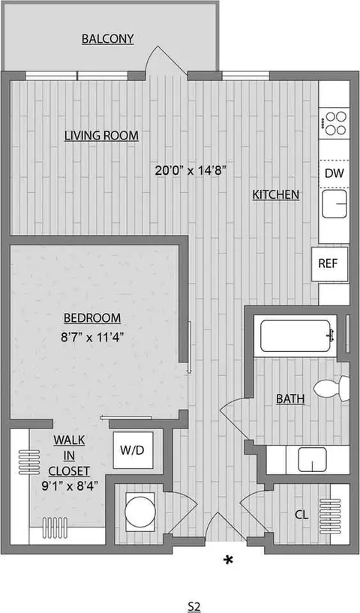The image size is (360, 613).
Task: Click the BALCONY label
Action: click(x=109, y=38)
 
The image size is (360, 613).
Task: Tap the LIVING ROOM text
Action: click(x=102, y=135)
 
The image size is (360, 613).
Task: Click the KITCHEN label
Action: click(x=275, y=195)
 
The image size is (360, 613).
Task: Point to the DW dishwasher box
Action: click(x=334, y=173)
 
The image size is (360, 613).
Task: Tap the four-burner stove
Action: click(x=334, y=124)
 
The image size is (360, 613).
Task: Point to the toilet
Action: click(x=330, y=388)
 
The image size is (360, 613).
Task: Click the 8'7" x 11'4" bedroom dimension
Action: click(x=92, y=337)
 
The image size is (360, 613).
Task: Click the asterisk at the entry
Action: click(x=227, y=560)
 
